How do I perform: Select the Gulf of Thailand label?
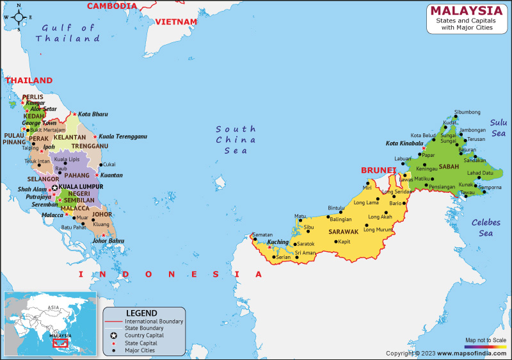(68, 33)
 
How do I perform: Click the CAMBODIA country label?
(112, 6)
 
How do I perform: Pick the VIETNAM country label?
(176, 22)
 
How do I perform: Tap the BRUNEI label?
(378, 170)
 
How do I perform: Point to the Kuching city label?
(278, 241)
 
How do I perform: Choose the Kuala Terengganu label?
(123, 136)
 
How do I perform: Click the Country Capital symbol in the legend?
(113, 335)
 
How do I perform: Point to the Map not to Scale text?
(485, 340)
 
